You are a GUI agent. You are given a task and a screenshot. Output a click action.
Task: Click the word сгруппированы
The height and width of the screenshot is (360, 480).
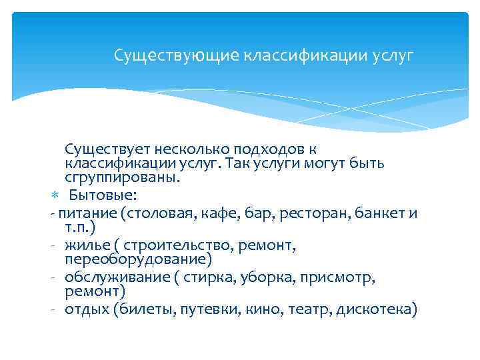122,179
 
